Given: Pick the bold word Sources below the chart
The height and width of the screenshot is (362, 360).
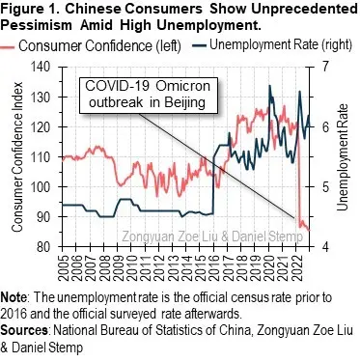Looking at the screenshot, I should (x=26, y=326).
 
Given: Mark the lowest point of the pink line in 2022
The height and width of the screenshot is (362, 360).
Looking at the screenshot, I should (x=306, y=229).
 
